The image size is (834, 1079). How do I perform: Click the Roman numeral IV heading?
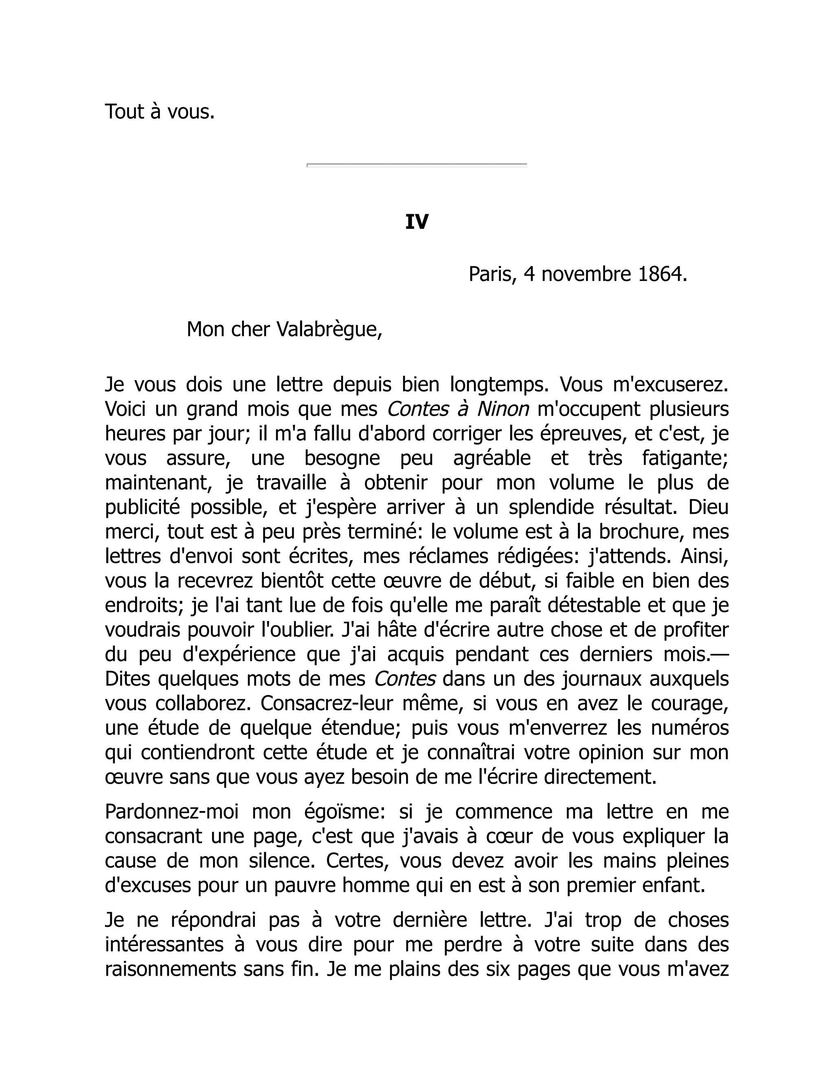(417, 222)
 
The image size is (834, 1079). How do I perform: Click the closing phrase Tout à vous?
(160, 112)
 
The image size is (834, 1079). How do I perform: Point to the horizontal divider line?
(417, 164)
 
